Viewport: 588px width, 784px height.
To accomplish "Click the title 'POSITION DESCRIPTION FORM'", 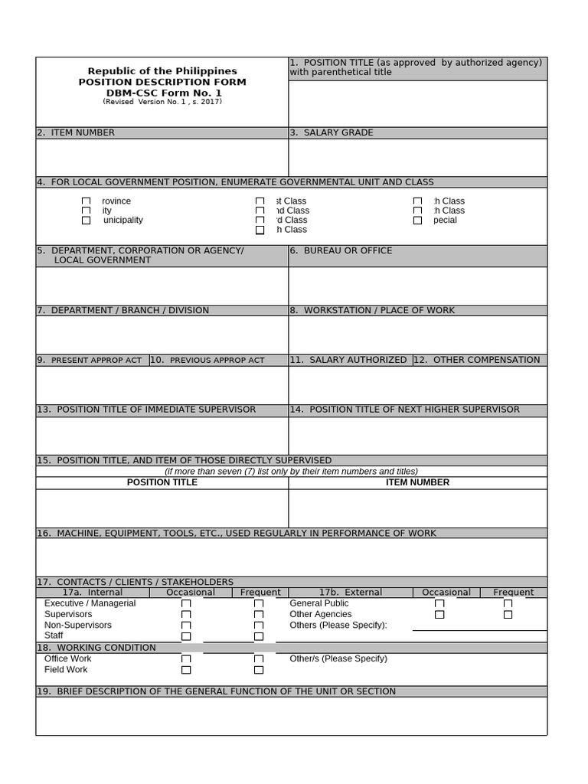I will pyautogui.click(x=162, y=82).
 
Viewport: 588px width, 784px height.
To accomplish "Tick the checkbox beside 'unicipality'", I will pyautogui.click(x=87, y=220).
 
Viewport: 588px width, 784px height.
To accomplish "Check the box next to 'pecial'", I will pyautogui.click(x=417, y=220).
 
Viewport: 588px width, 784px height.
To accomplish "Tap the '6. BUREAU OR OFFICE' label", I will pyautogui.click(x=341, y=250).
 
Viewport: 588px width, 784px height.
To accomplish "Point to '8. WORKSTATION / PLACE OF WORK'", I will pyautogui.click(x=372, y=310).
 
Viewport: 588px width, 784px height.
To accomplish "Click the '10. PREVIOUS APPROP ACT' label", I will pyautogui.click(x=207, y=360).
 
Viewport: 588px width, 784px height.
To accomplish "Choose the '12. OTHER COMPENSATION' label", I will pyautogui.click(x=479, y=360).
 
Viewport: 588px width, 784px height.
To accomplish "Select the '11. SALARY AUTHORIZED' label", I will pyautogui.click(x=349, y=360).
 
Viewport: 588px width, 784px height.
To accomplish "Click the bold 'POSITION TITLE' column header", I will pyautogui.click(x=162, y=482).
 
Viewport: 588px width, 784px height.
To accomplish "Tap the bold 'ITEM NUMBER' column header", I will pyautogui.click(x=417, y=482).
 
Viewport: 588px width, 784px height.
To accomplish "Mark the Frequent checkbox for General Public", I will pyautogui.click(x=508, y=603).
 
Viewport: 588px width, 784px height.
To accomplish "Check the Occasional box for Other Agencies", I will pyautogui.click(x=439, y=614).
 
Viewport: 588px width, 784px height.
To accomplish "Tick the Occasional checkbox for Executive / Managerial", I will pyautogui.click(x=186, y=603).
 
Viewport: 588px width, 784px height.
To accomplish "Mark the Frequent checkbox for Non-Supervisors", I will pyautogui.click(x=259, y=626).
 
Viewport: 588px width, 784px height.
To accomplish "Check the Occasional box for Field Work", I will pyautogui.click(x=186, y=670).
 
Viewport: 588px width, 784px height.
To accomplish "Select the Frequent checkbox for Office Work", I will pyautogui.click(x=259, y=659).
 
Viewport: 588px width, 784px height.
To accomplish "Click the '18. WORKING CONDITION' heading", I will pyautogui.click(x=96, y=648).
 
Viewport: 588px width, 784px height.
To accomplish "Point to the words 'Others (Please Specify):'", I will pyautogui.click(x=338, y=626).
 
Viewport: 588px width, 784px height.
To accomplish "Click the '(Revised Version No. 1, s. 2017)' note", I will pyautogui.click(x=162, y=102).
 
